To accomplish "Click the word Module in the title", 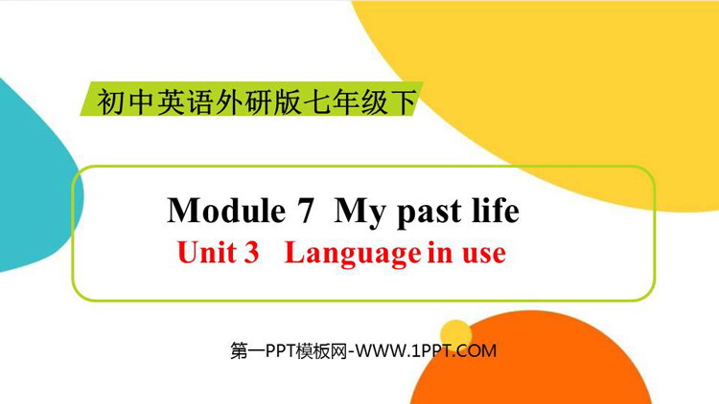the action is coord(226,211).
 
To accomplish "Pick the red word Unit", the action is coord(206,252).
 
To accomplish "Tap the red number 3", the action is coord(252,253).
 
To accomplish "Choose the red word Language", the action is coord(353,254).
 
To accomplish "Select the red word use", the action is coord(484,256).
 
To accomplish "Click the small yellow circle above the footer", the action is coord(455,333).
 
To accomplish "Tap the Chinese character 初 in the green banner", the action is coord(111,101).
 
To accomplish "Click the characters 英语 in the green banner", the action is coord(185,101).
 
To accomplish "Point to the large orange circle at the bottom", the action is coord(532,367).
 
